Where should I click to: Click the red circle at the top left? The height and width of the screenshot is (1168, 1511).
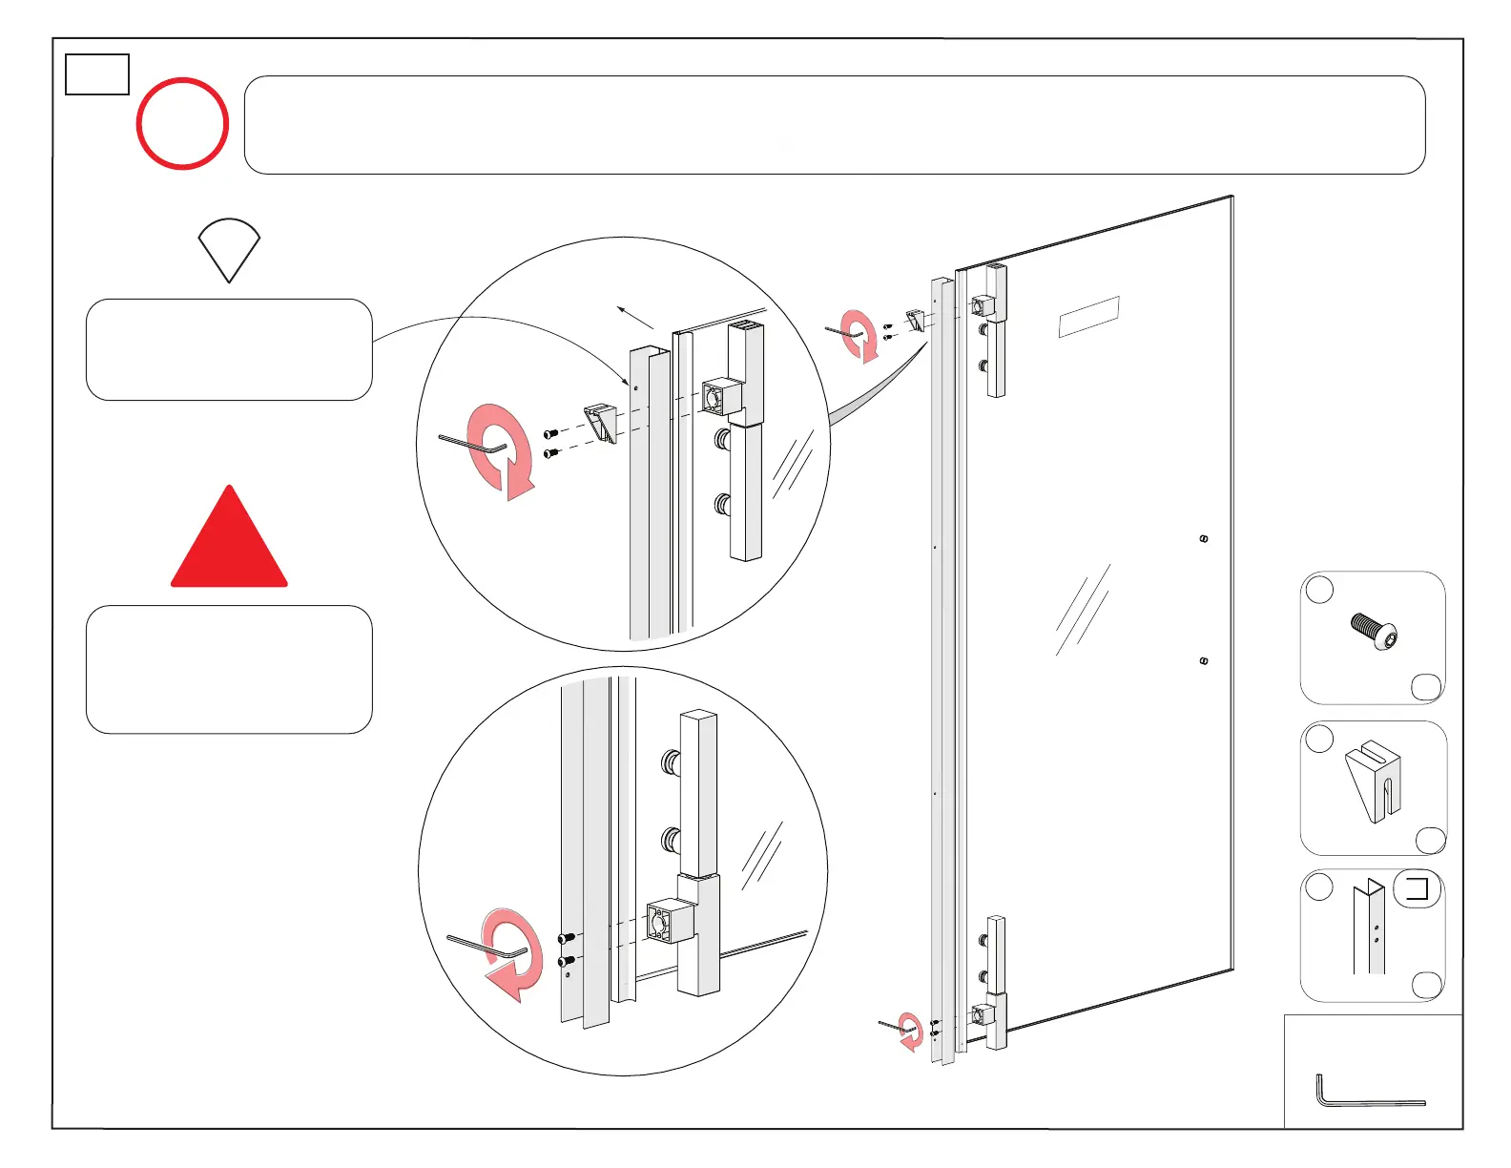click(x=182, y=124)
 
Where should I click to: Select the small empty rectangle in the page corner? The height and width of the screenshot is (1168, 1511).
click(x=97, y=74)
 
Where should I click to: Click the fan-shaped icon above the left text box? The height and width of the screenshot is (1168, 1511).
click(x=229, y=248)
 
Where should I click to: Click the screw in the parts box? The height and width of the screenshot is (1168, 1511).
click(x=1375, y=632)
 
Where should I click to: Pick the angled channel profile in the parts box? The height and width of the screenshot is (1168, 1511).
click(x=1369, y=928)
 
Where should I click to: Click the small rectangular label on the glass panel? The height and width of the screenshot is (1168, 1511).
click(x=1088, y=317)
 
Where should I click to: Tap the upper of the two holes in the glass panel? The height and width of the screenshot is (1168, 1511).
click(x=1204, y=539)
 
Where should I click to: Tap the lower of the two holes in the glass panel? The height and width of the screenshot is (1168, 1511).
click(x=1204, y=660)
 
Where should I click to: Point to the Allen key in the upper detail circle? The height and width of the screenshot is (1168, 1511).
click(x=472, y=444)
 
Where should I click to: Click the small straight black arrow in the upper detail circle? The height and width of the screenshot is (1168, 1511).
click(x=634, y=317)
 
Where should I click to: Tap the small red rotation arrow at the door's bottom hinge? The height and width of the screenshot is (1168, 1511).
click(x=912, y=1032)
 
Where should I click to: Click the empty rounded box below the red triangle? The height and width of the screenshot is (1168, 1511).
click(x=229, y=669)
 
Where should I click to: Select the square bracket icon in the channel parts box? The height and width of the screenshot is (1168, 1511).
click(x=1418, y=889)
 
